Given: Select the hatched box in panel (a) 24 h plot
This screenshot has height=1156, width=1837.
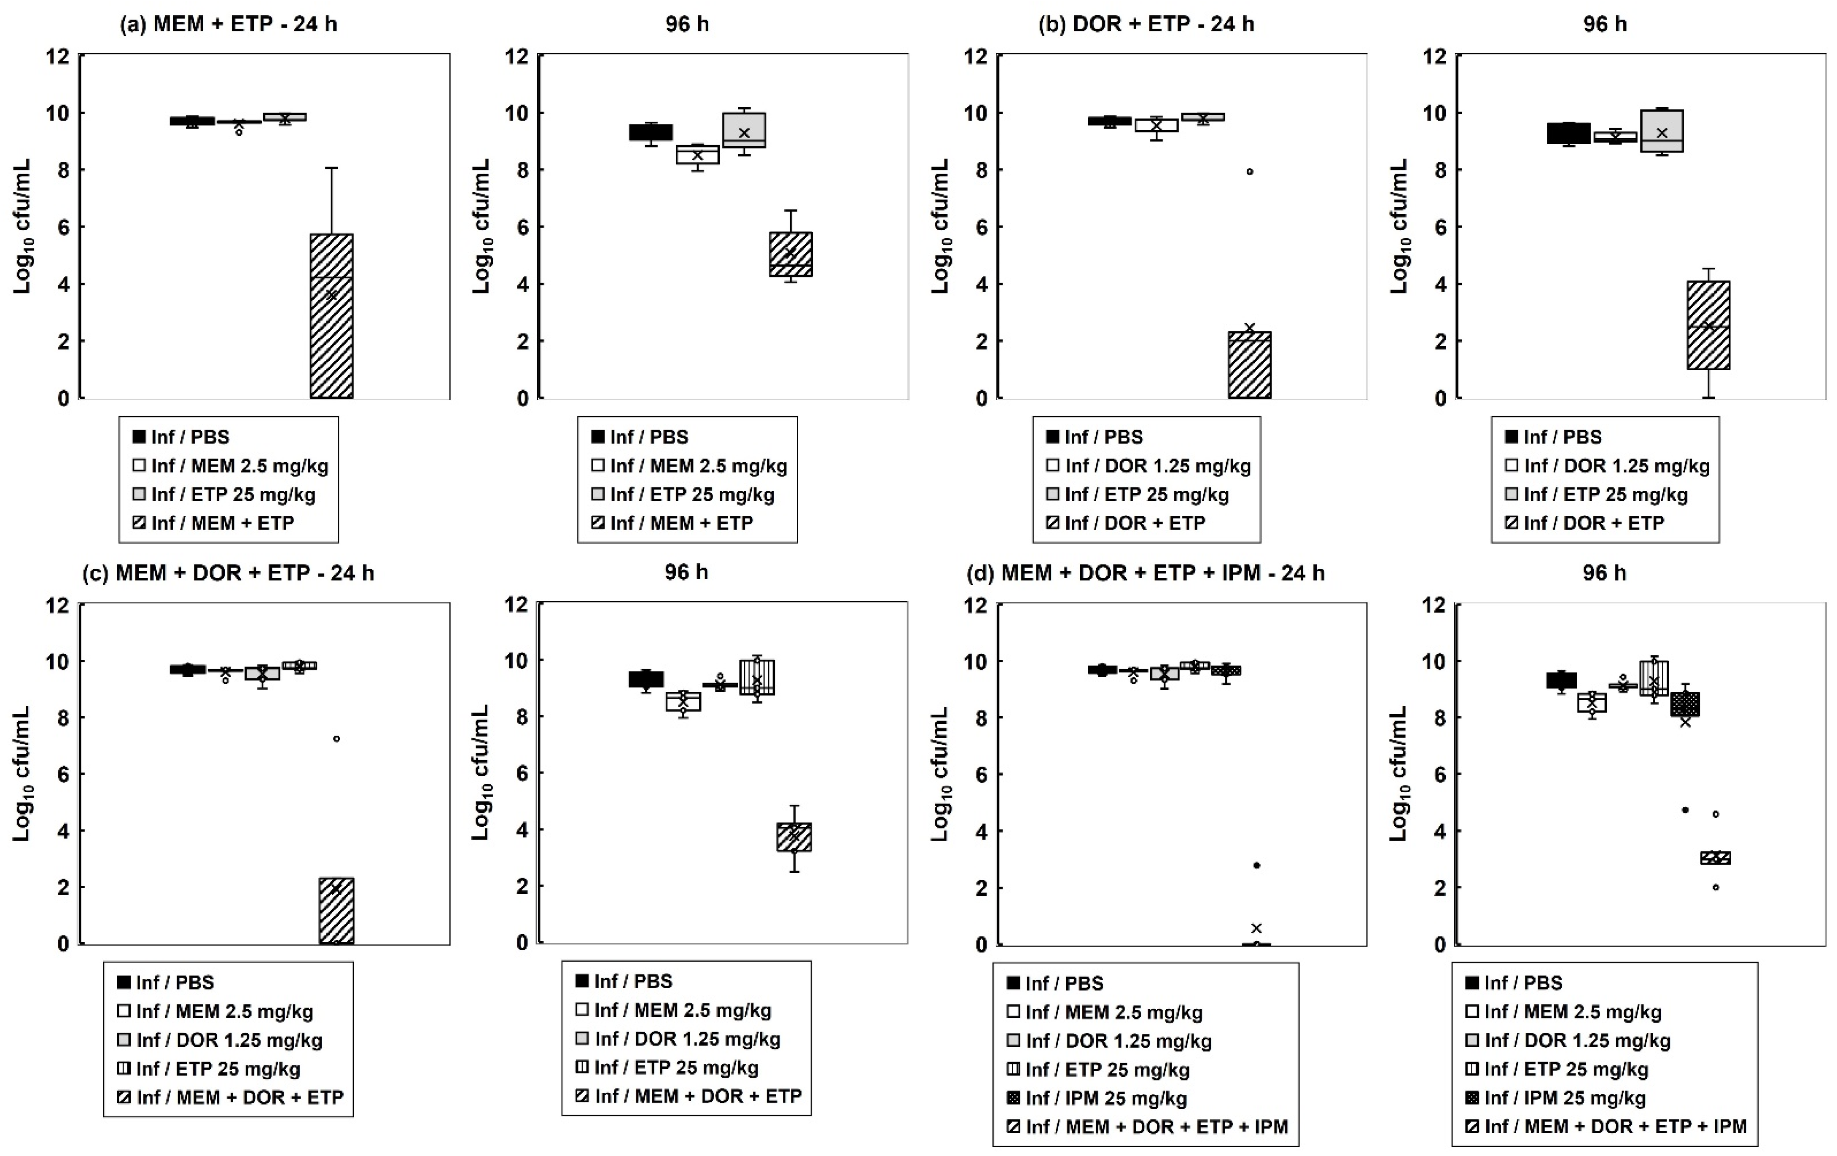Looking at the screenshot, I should pos(332,316).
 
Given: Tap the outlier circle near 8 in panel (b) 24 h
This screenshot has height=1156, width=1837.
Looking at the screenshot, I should pos(1250,172).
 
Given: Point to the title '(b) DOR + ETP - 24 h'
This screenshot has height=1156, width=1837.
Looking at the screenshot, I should pos(1146,24).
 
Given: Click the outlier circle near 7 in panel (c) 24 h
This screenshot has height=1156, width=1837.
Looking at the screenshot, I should pos(336,739).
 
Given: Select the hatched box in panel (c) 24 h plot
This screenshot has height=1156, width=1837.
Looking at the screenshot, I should pos(336,911).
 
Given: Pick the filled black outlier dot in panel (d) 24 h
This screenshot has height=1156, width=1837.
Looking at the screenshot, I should pos(1256,865).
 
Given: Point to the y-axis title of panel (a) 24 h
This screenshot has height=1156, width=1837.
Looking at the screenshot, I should pos(23,227).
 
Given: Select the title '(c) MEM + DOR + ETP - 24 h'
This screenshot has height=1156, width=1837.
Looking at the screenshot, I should pos(228,573).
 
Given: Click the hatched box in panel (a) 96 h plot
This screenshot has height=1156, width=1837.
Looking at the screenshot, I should pos(791,254).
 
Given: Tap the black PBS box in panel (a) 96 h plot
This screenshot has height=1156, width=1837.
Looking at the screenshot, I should pos(651,132).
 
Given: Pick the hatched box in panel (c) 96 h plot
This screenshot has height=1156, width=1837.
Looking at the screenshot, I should pos(794,837).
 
